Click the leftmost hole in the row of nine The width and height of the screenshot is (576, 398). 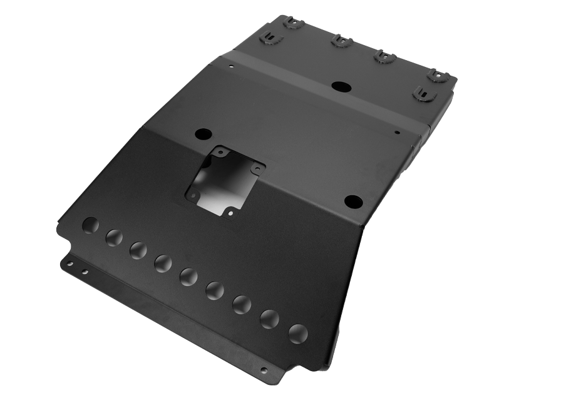click(x=91, y=224)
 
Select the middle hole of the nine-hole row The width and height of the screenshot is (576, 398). click(x=188, y=274)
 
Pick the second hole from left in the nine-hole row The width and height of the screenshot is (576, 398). click(x=115, y=237)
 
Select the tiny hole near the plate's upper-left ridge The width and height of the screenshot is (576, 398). click(x=231, y=66)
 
